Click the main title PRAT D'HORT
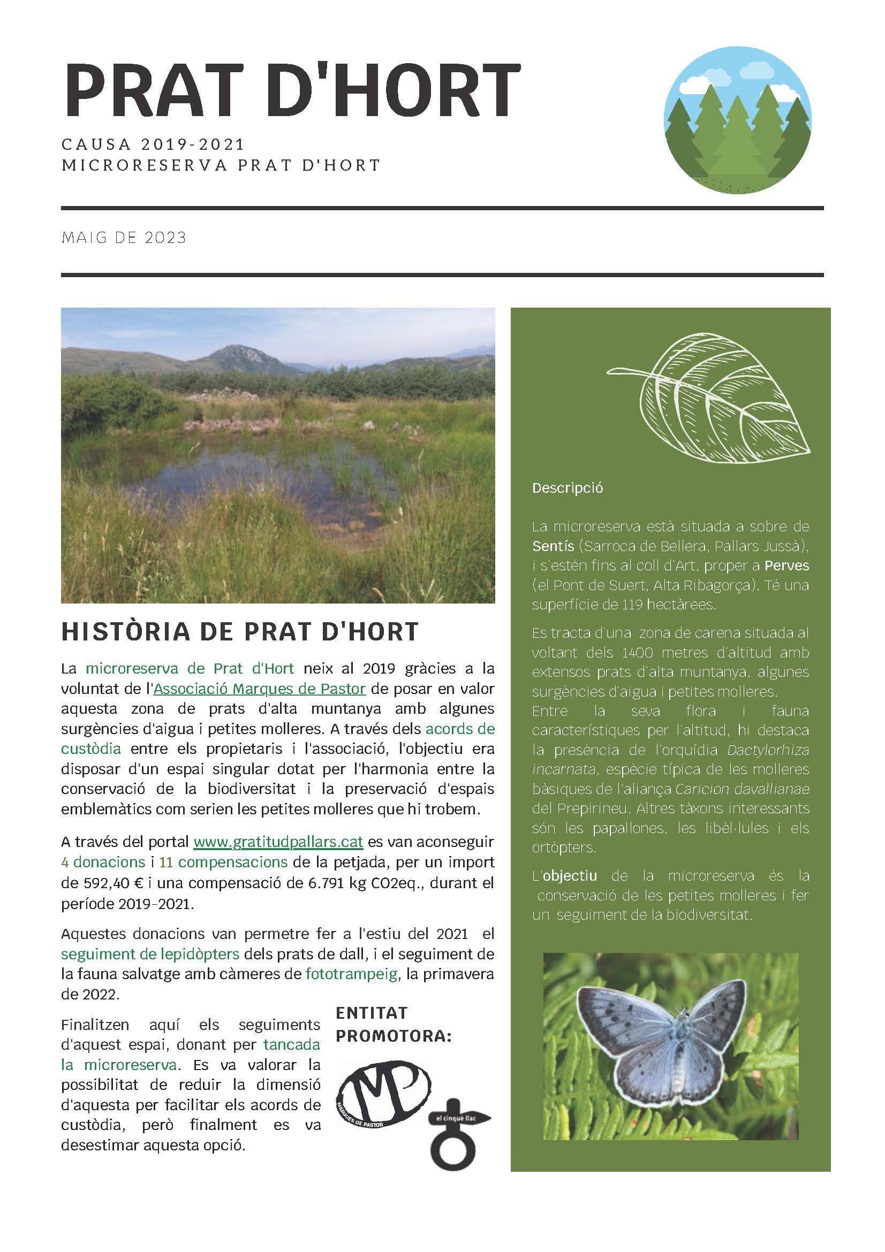tap(291, 90)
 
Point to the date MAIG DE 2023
tap(124, 238)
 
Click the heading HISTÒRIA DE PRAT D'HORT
tap(239, 631)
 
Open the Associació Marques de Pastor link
tap(259, 689)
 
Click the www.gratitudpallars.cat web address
tap(278, 842)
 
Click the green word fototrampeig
tap(351, 974)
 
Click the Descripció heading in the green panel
tap(568, 488)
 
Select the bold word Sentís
tap(553, 546)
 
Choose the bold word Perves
tap(787, 566)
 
